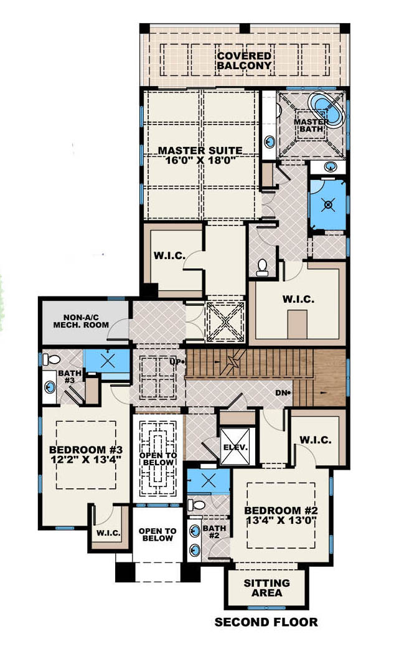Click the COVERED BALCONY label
244,60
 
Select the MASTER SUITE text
200,150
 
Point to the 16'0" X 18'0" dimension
200,161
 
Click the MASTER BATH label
311,125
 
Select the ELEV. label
235,447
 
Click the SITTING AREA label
266,588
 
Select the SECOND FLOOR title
266,622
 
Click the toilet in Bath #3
52,359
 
